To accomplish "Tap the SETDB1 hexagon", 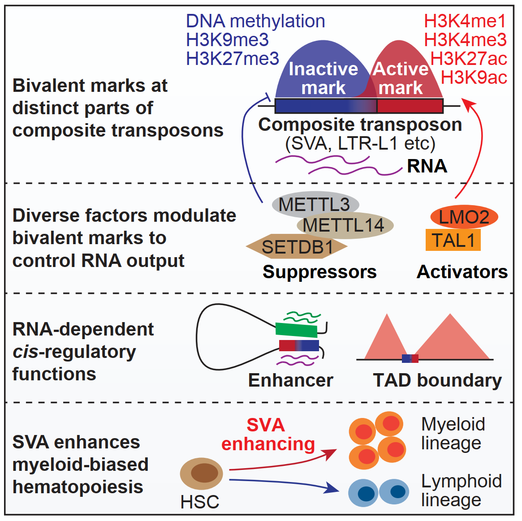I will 297,246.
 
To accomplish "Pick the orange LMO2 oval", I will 464,217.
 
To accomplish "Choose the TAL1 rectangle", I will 453,240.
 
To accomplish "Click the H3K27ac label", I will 468,59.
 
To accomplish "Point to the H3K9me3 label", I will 227,40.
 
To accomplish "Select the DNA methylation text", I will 255,21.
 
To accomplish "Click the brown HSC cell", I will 202,473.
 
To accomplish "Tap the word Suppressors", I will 319,272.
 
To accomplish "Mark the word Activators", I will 462,272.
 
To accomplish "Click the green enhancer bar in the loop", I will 296,330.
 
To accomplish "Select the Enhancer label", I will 290,380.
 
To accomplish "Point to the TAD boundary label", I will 437,380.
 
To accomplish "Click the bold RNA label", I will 427,166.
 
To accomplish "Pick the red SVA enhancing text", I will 267,435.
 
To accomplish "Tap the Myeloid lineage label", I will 453,434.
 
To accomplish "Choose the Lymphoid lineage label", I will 461,490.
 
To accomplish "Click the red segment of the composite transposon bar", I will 410,106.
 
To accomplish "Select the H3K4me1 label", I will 465,21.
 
